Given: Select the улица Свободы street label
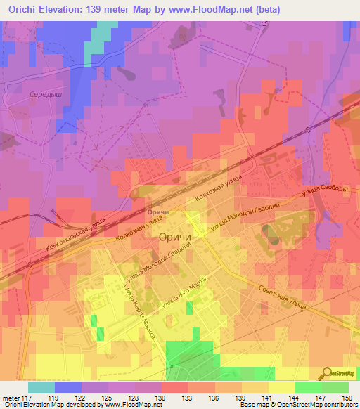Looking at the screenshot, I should pos(325,192).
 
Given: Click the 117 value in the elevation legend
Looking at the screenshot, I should pos(28,398).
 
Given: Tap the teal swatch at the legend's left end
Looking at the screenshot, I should pos(41,387).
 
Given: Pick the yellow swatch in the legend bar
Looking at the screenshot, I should pos(282,387).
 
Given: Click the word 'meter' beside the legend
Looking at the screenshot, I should pos(11,398).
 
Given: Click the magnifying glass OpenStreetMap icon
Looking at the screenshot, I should pos(327,373).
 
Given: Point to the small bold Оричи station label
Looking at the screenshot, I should pos(159,211).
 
